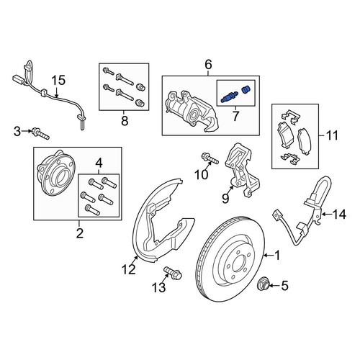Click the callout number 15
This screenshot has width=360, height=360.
(59, 81)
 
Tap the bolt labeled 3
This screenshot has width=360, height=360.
(40, 134)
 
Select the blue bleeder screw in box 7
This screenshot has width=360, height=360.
(229, 97)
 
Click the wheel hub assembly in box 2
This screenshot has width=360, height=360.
(55, 172)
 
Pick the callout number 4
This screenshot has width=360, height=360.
(99, 163)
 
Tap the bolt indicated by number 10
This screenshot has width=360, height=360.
(210, 158)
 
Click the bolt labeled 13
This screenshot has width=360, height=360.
(173, 274)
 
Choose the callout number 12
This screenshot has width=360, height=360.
(129, 269)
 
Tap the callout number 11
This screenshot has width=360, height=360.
(332, 135)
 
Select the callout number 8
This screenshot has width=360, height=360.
(125, 120)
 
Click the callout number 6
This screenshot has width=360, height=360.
(208, 64)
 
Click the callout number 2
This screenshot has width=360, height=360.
(80, 233)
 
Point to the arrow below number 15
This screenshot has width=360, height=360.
(57, 92)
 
